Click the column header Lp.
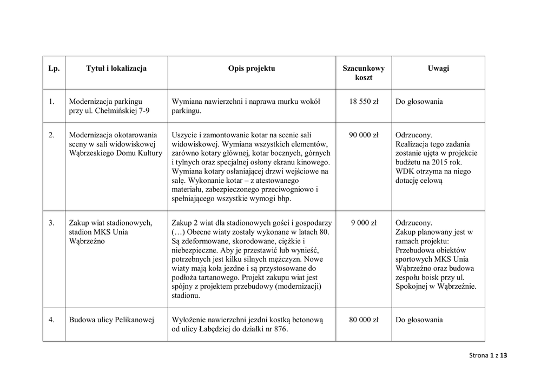pos(54,69)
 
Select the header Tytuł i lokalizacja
pos(116,69)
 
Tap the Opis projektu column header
pos(252,69)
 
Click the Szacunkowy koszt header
pos(364,73)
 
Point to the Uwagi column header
pos(438,69)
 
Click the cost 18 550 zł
pos(364,102)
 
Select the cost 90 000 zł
pos(364,135)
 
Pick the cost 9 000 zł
pos(364,223)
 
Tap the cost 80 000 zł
pos(364,320)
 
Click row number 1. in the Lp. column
pos(51,102)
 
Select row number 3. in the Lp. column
pos(51,223)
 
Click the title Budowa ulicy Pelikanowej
pos(111,320)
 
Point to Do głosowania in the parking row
pos(419,102)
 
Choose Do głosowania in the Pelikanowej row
pos(419,320)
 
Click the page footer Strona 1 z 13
pos(488,355)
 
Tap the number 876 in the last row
pos(281,329)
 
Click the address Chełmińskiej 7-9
pos(123,111)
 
